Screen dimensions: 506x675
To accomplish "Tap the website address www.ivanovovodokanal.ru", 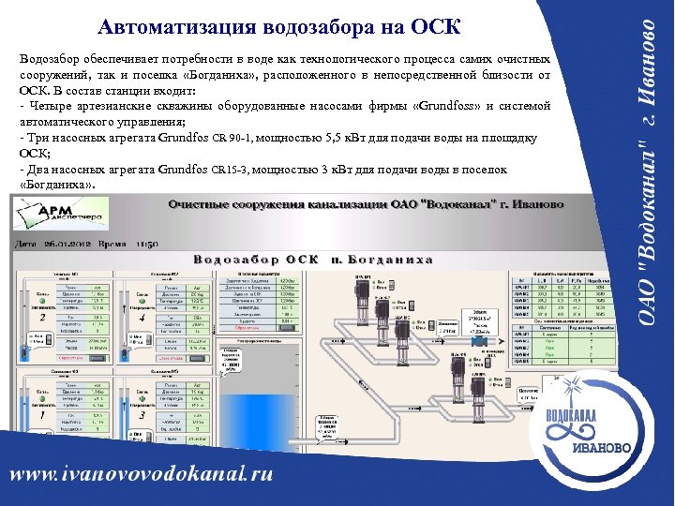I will point(142,473).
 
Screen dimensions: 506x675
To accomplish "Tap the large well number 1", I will point(43,414).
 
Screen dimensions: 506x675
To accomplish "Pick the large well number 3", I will point(142,414).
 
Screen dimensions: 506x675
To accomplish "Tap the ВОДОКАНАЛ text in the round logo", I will point(575,417).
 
